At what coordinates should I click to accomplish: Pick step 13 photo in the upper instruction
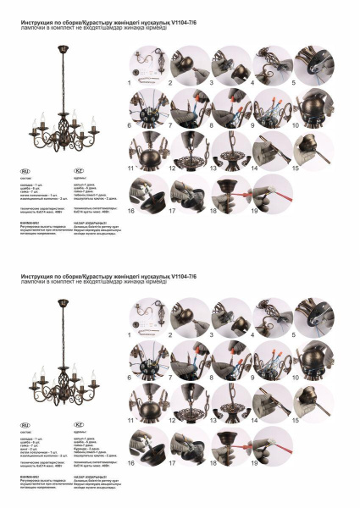(230, 152)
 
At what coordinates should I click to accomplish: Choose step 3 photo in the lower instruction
(230, 317)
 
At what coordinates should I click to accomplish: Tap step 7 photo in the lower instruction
(189, 360)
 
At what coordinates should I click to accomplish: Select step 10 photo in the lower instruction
(313, 360)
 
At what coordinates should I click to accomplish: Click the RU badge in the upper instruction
(25, 170)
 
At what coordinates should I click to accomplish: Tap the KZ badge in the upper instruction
(79, 170)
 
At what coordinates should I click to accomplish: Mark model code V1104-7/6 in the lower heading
(190, 276)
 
